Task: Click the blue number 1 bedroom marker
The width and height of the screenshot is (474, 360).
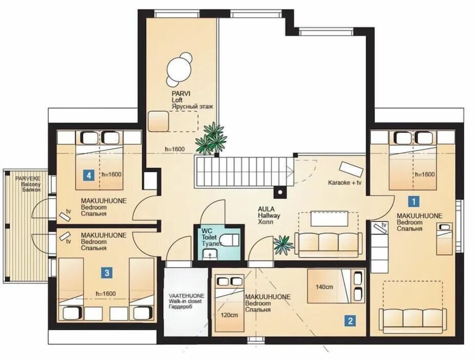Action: (413, 201)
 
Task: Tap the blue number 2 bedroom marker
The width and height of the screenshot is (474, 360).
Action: (350, 320)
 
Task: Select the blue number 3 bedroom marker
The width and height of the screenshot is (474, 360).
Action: (107, 273)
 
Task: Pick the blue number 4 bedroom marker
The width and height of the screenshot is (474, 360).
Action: (89, 175)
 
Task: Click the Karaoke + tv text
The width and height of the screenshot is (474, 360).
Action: (345, 183)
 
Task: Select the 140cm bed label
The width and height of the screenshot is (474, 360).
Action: (324, 287)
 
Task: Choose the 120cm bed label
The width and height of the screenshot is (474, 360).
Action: (229, 315)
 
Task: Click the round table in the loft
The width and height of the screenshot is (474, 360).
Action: (180, 69)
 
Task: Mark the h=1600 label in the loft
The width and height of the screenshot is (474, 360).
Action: (175, 149)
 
